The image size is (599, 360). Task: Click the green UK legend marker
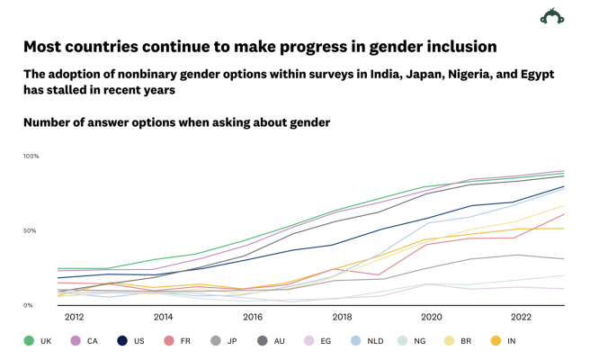[29, 340]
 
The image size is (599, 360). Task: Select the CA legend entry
[81, 340]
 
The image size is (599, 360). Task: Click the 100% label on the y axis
[31, 157]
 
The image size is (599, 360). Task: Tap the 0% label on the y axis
[29, 305]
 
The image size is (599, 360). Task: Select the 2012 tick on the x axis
[74, 317]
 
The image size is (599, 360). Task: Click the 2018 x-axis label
[342, 317]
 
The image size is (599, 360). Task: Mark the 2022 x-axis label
[521, 317]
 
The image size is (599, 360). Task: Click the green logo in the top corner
[551, 17]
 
